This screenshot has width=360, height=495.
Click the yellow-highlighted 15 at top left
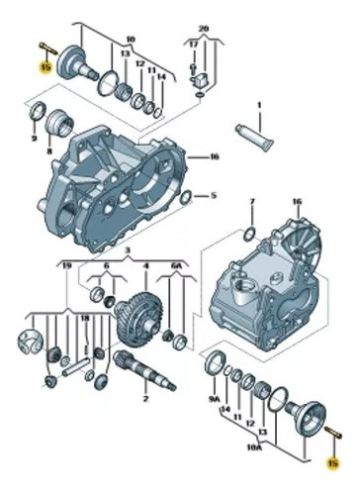45,67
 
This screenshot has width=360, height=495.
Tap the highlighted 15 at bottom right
333,463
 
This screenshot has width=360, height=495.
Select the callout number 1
259,105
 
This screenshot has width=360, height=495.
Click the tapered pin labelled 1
255,138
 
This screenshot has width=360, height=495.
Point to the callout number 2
145,399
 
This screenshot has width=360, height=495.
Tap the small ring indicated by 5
186,197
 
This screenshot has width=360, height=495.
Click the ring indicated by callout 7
249,234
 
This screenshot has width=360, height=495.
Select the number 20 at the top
204,29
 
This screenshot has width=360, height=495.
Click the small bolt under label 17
193,67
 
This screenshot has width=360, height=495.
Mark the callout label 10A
253,447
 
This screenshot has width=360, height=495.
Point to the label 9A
214,400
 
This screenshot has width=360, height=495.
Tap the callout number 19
67,264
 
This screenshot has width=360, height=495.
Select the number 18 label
85,319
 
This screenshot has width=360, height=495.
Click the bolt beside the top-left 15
48,49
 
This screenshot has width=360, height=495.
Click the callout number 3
128,250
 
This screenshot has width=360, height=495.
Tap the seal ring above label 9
38,111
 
